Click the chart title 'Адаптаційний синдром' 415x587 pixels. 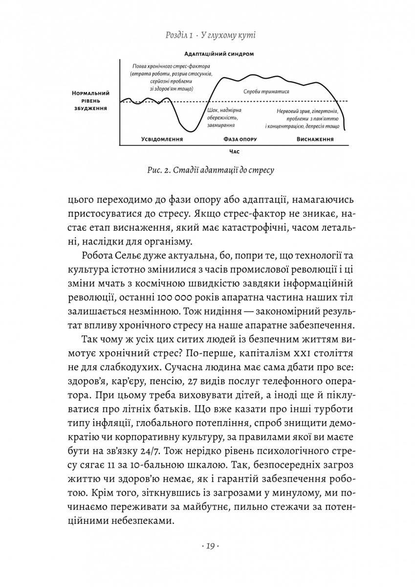(219, 54)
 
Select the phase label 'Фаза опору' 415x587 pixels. (240, 139)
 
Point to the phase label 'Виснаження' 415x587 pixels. (315, 139)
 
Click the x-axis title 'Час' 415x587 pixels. (234, 152)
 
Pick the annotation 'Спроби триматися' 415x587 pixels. (266, 91)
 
